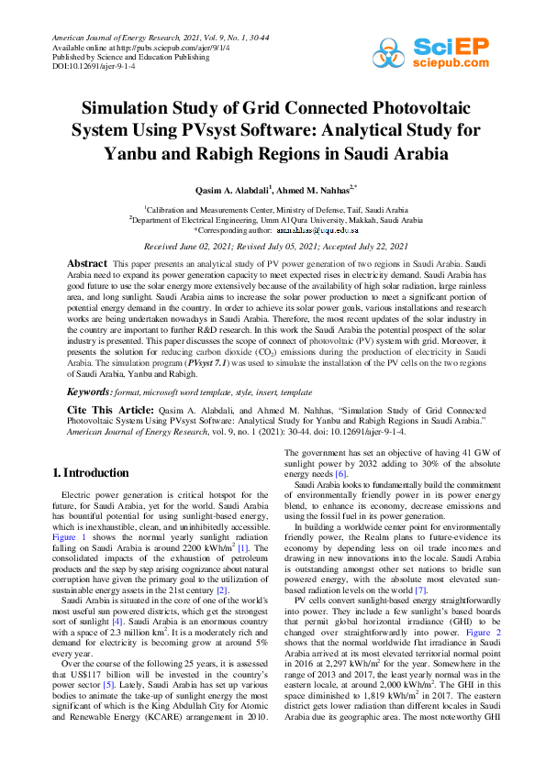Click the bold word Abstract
click(87, 263)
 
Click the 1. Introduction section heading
click(90, 473)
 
